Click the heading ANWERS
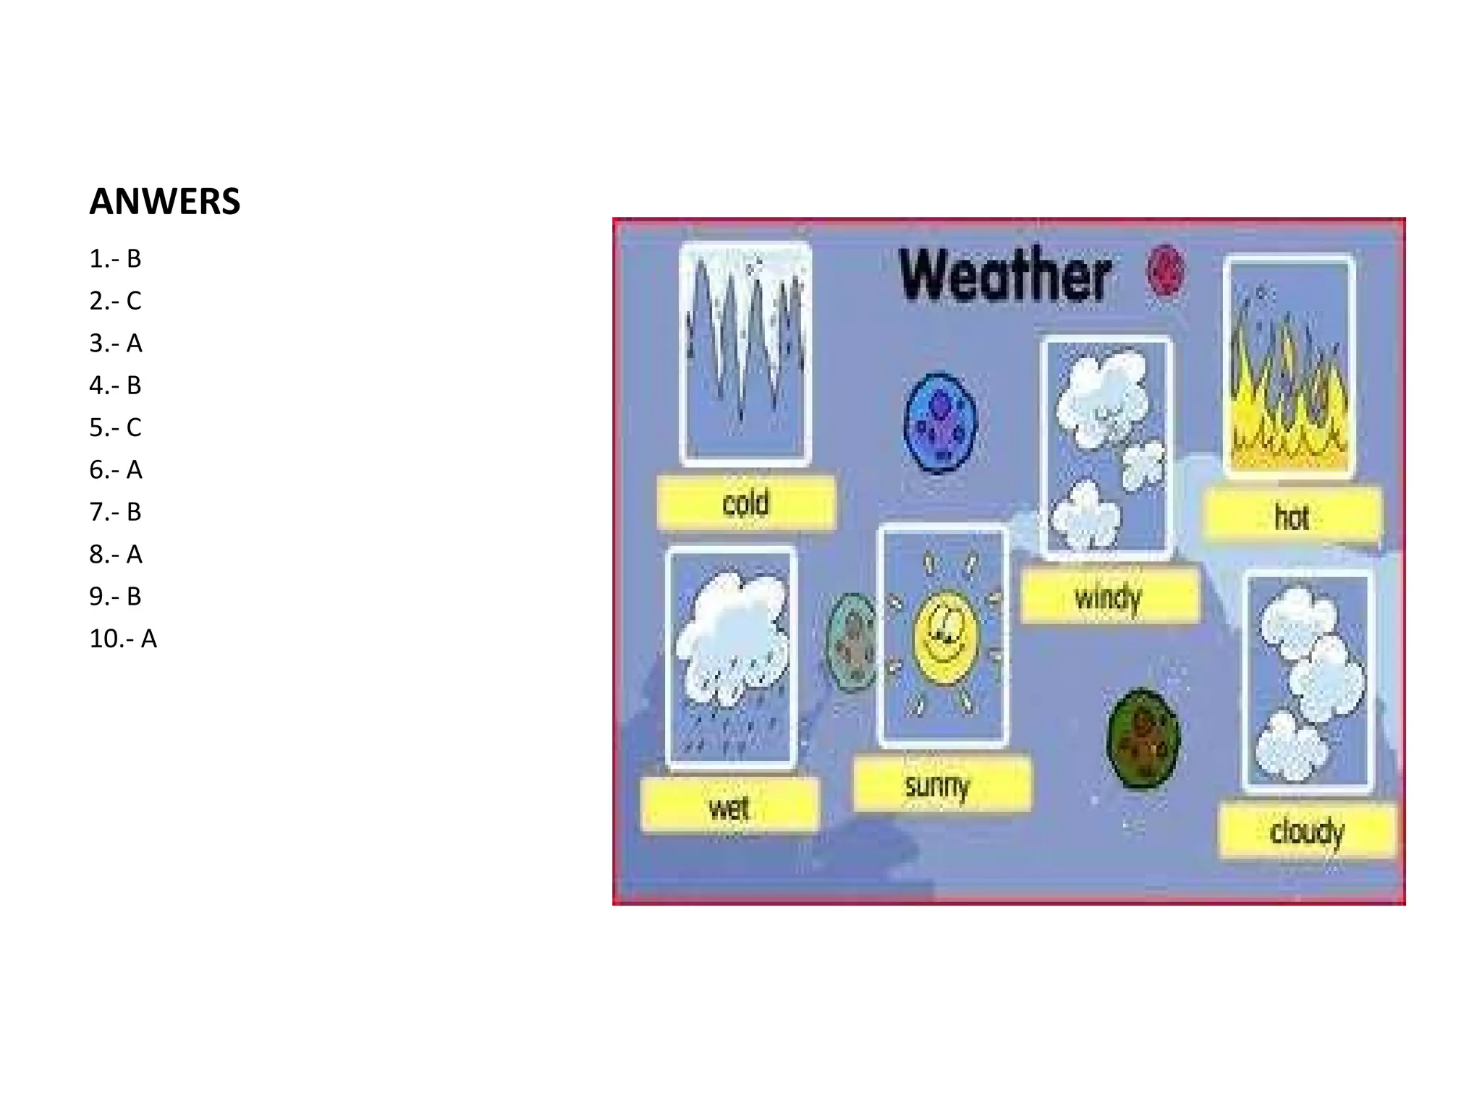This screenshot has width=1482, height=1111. pos(164,202)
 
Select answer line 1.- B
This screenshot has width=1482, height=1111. pos(115,259)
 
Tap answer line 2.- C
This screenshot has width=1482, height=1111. pos(115,301)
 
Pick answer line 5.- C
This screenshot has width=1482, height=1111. pos(115,427)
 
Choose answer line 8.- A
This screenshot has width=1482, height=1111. pos(115,555)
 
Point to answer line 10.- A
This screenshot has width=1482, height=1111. pos(122,639)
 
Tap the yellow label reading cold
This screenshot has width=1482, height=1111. pos(746,502)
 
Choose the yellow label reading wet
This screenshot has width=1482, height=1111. pos(729,806)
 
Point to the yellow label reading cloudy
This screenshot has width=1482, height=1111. pos(1307,831)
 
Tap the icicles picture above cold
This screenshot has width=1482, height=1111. pos(745,352)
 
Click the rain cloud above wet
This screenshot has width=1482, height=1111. pos(732,637)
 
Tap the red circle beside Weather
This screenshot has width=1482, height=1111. pos(1166,271)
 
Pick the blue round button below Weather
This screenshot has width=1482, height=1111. pos(941,423)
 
